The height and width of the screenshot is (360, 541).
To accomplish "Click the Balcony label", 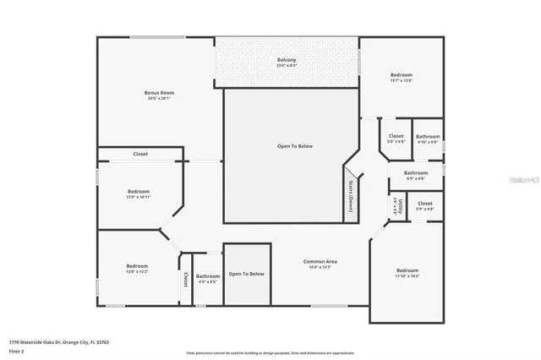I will (287, 60).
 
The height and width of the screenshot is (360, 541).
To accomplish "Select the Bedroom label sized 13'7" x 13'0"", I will (402, 74).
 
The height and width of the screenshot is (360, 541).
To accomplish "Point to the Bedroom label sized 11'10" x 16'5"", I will (407, 270).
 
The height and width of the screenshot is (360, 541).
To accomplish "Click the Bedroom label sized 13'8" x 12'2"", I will (137, 265).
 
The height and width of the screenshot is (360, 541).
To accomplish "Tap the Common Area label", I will (320, 261).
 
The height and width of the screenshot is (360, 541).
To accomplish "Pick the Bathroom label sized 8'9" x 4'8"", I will (415, 173).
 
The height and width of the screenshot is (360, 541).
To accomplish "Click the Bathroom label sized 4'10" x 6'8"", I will (428, 137).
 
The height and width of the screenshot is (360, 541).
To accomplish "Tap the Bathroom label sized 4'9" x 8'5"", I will (208, 276).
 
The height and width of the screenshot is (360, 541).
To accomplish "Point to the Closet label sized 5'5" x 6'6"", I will (396, 136).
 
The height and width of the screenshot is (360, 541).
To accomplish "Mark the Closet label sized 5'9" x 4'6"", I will (424, 204).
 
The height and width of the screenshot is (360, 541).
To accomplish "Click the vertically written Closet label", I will (185, 279).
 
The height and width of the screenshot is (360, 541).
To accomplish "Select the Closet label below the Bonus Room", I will (140, 154).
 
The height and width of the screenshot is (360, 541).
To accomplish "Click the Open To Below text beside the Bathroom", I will (247, 274).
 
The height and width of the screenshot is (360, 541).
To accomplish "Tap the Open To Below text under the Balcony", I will (295, 146).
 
